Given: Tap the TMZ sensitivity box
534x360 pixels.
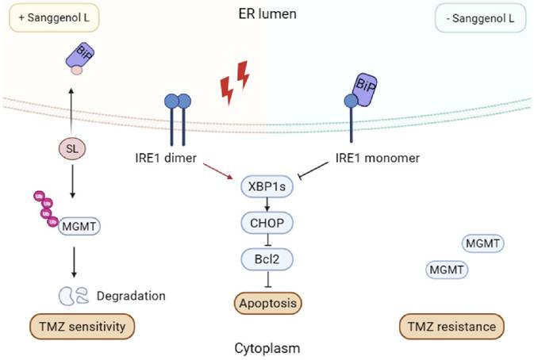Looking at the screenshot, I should point(79,326).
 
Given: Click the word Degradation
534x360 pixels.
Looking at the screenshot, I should point(130,296).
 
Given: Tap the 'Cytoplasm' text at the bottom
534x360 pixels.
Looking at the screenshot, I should point(267,347).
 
